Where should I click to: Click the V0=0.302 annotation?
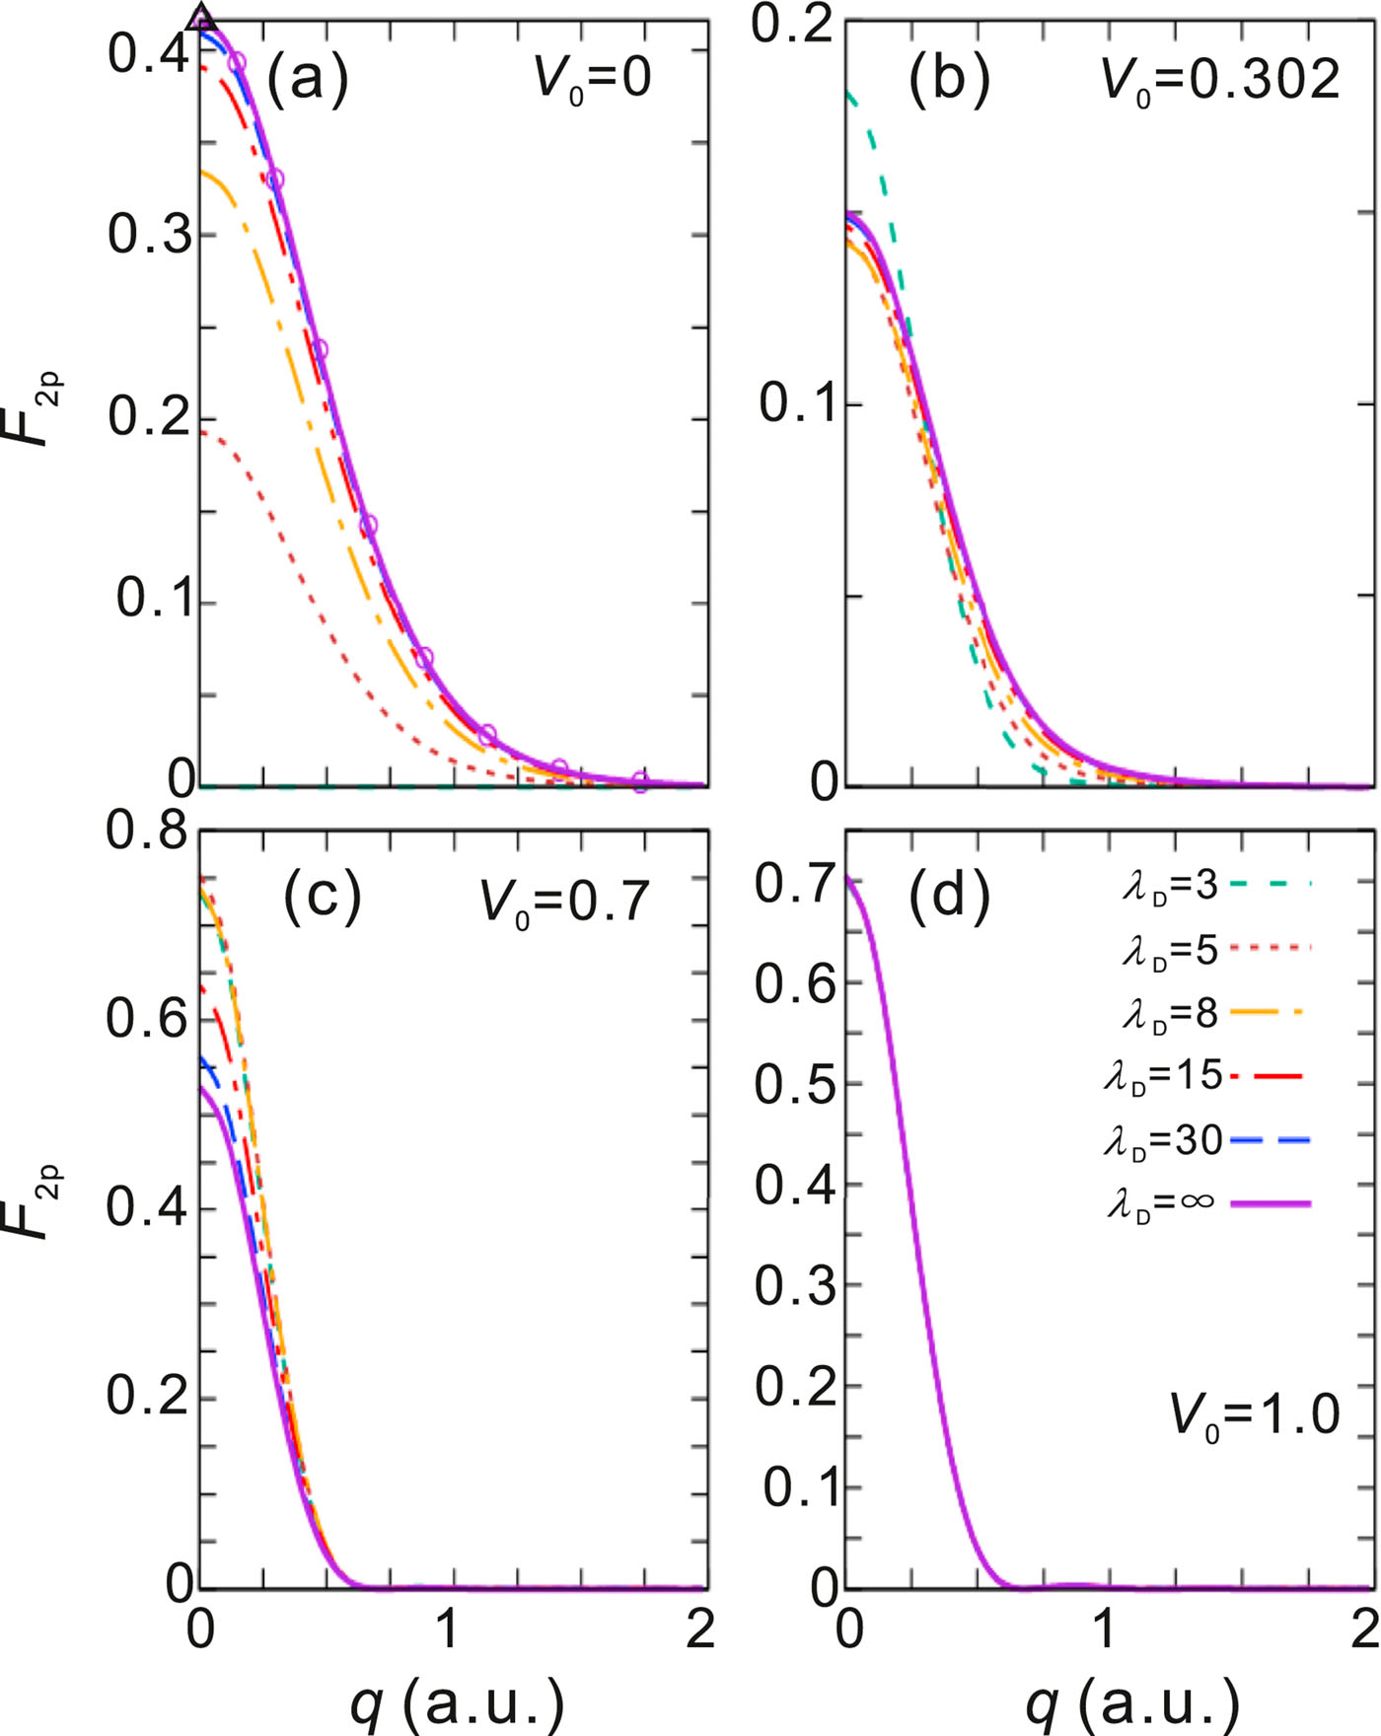pyautogui.click(x=1220, y=79)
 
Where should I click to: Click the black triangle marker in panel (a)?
pyautogui.click(x=201, y=17)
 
